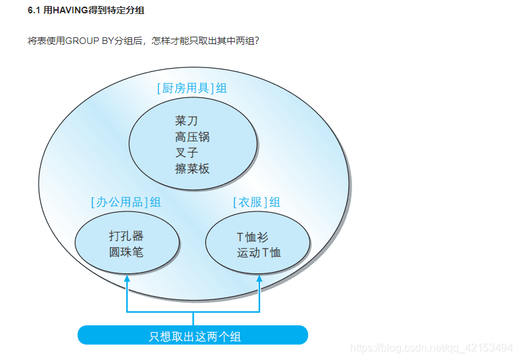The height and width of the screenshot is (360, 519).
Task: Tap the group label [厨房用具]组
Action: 192,88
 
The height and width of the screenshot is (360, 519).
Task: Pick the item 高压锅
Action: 192,137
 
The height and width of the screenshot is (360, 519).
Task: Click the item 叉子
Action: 187,153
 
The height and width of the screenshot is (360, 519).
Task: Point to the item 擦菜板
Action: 192,169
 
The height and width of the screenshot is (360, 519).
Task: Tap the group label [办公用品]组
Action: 126,202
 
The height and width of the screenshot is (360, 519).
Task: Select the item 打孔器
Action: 126,236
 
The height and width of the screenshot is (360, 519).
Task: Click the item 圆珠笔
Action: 126,252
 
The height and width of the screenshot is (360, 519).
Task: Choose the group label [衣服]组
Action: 256,202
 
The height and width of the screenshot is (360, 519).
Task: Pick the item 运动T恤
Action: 259,252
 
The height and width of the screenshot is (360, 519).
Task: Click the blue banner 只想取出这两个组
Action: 193,335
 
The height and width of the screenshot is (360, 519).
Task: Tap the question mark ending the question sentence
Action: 256,41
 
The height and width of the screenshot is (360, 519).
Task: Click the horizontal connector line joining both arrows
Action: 193,311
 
